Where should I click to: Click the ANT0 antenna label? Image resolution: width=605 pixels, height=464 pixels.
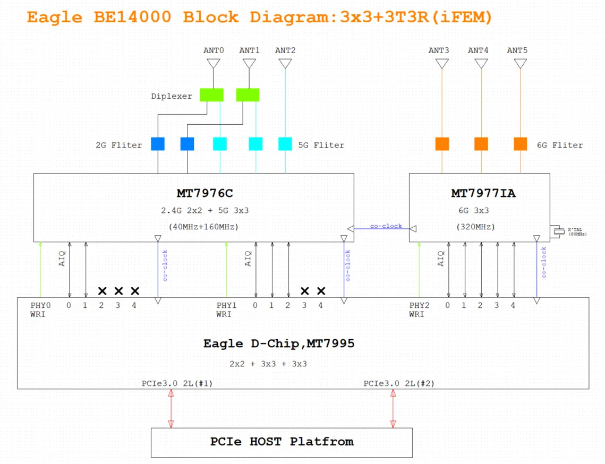[x=214, y=50]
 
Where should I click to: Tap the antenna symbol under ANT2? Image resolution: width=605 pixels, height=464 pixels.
[x=285, y=64]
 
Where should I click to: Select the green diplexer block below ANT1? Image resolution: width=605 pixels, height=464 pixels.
[x=248, y=94]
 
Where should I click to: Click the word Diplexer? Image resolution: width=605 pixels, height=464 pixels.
[x=171, y=96]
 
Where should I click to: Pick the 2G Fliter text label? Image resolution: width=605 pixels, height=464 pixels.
[x=118, y=145]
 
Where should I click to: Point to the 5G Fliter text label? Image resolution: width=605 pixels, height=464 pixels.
[x=321, y=145]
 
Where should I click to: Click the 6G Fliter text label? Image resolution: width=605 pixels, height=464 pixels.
[x=559, y=145]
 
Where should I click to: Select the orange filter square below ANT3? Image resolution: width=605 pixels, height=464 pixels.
[x=442, y=144]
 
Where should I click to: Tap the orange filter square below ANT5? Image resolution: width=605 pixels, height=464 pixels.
[x=521, y=144]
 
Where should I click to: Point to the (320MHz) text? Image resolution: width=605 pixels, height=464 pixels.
[x=475, y=227]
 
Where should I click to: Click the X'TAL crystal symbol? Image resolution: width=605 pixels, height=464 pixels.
[x=558, y=231]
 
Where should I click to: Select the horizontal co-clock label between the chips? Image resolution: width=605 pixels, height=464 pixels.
[x=386, y=226]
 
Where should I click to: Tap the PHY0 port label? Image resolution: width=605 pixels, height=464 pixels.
[x=40, y=305]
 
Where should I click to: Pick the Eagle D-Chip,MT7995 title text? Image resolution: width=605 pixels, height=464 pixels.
[x=278, y=343]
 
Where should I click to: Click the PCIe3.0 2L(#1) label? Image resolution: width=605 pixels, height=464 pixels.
[x=177, y=383]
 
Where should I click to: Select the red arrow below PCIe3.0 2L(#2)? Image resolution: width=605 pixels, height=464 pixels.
[x=393, y=408]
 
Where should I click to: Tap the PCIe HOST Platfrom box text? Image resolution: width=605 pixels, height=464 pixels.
[x=282, y=441]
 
